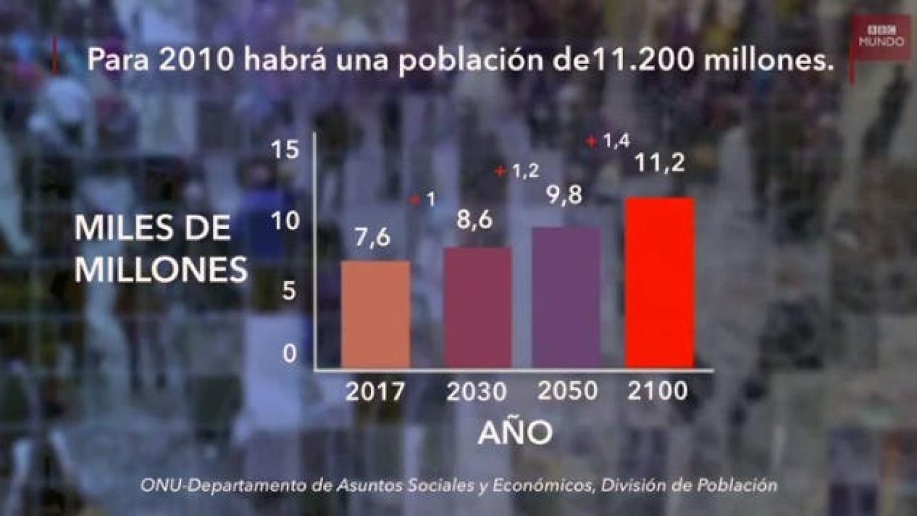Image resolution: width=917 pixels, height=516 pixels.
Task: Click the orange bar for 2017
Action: click(x=375, y=315)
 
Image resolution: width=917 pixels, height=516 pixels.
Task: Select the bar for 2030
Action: click(x=478, y=308)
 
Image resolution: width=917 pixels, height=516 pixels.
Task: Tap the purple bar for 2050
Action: click(x=567, y=297)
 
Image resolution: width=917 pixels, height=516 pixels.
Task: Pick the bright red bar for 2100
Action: click(x=660, y=283)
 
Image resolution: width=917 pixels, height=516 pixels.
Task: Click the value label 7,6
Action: click(x=372, y=237)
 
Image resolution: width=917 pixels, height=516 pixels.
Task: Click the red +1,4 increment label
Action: click(x=607, y=141)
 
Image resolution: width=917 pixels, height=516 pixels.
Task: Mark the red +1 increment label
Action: click(x=423, y=201)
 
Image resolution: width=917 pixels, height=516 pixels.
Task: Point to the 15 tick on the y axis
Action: click(x=284, y=151)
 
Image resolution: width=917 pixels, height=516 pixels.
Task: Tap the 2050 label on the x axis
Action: click(x=567, y=392)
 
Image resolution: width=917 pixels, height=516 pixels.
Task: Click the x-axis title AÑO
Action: click(x=515, y=434)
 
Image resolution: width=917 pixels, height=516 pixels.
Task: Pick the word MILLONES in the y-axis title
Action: click(x=161, y=270)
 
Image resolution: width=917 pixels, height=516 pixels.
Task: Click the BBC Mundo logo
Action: click(x=880, y=37)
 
